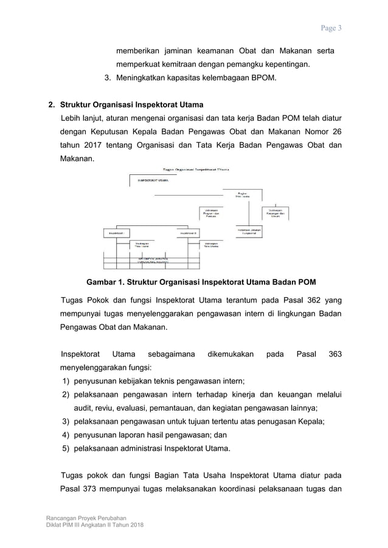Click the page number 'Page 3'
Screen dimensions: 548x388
point(331,28)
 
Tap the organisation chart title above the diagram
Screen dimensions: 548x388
point(192,170)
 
